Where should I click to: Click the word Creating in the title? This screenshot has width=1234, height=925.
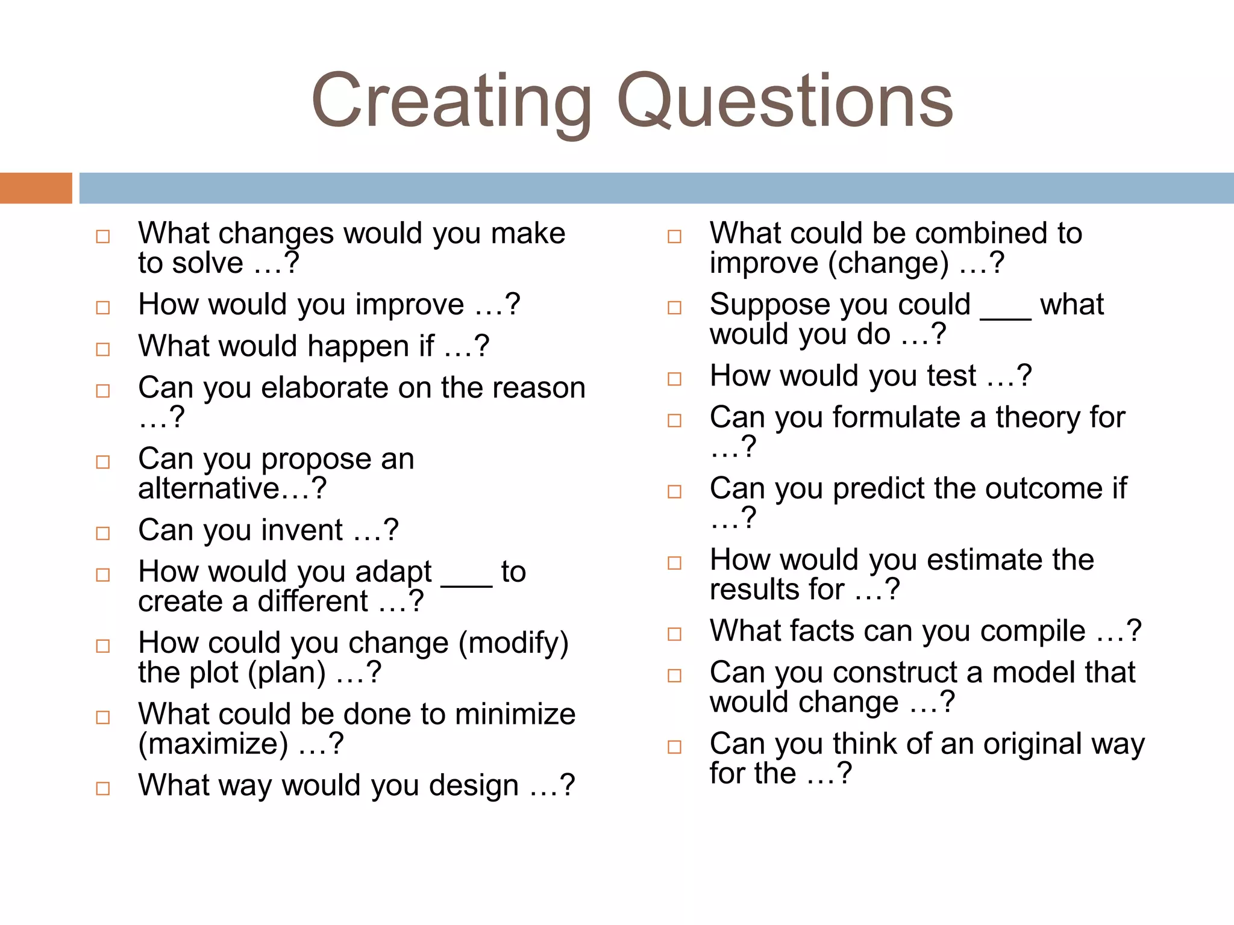tap(451, 101)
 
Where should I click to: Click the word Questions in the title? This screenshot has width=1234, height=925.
tap(785, 101)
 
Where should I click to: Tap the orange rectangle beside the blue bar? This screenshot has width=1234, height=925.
tap(36, 188)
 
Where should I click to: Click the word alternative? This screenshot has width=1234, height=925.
tap(208, 488)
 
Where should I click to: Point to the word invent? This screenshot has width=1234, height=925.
tap(302, 531)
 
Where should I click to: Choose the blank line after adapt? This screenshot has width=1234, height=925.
tap(466, 583)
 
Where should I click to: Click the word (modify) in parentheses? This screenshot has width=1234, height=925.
tap(513, 643)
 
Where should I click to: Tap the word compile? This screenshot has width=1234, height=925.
tap(1033, 631)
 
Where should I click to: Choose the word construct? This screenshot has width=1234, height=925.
tap(897, 673)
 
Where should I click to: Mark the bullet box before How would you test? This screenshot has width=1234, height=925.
tap(674, 379)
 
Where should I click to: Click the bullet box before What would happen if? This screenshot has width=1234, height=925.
tap(103, 349)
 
